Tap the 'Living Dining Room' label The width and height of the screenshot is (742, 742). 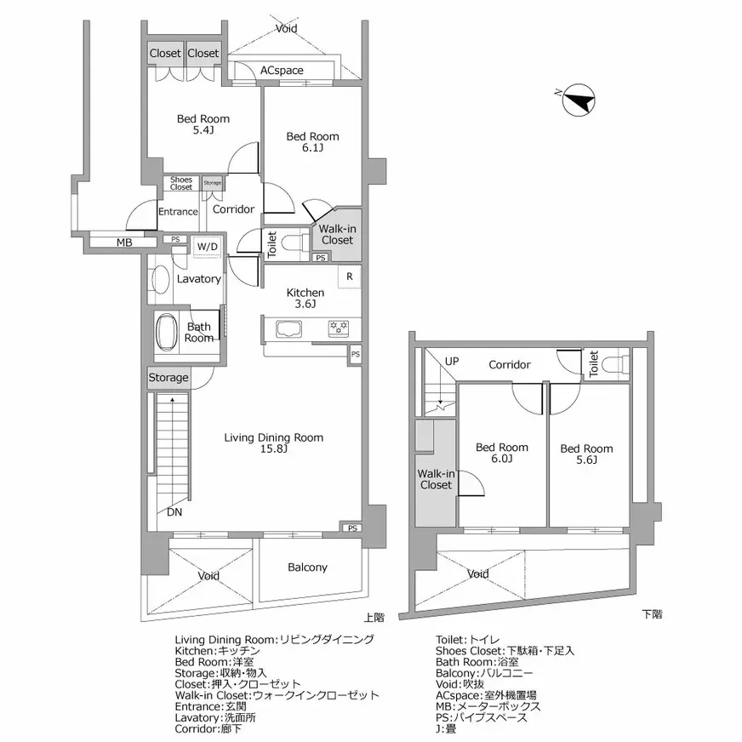click(273, 437)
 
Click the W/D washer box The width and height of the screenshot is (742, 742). click(207, 248)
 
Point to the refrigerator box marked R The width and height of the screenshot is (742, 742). click(349, 277)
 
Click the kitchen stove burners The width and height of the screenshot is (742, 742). click(340, 327)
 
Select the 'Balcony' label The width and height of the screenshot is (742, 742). click(307, 568)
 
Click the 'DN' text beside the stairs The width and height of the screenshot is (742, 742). click(174, 513)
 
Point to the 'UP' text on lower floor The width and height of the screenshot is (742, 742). click(452, 361)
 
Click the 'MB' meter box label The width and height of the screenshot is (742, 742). click(124, 243)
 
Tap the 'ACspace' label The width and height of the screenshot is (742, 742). click(282, 71)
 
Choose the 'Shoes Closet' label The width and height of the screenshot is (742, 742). click(181, 183)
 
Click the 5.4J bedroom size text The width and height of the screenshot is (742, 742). click(203, 131)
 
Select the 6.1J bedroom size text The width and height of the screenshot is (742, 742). click(311, 148)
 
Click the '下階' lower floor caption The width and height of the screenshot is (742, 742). click(652, 613)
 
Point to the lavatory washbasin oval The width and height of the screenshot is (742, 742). click(159, 280)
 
